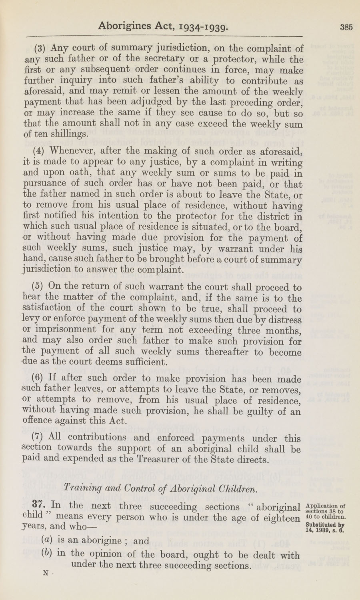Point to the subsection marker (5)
[39, 287]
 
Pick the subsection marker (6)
[39, 378]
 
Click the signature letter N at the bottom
[45, 573]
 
